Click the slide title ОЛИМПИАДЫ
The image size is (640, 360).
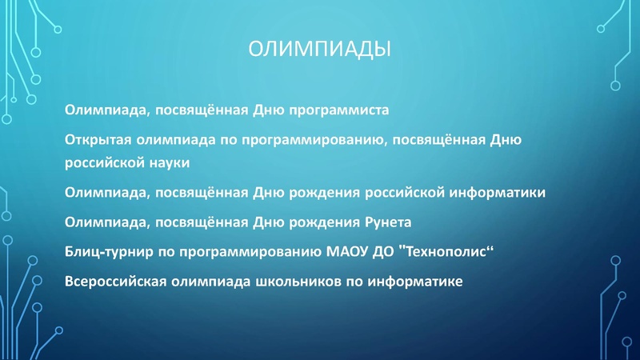(319, 50)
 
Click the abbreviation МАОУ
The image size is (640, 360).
(349, 252)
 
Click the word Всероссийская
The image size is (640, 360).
(110, 282)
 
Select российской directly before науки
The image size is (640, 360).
(102, 162)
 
